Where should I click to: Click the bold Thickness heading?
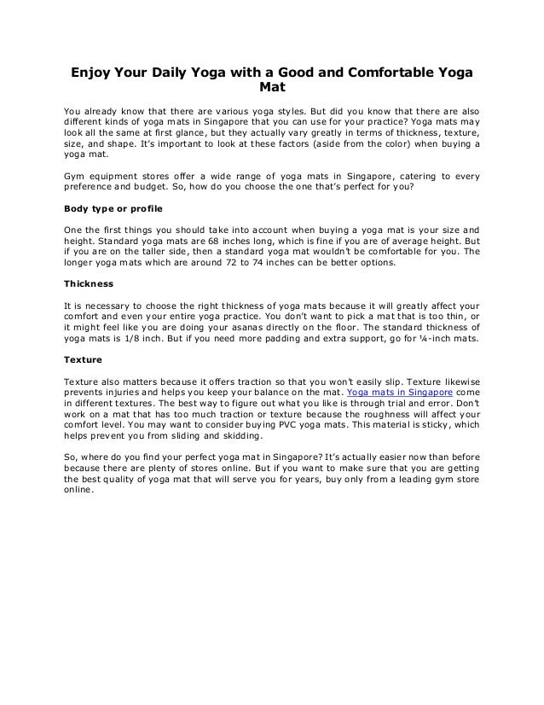[x=89, y=283]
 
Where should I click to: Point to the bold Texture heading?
[x=84, y=359]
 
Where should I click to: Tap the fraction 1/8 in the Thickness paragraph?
[x=146, y=338]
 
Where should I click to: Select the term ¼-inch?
[x=434, y=338]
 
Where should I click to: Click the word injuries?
[x=127, y=392]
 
